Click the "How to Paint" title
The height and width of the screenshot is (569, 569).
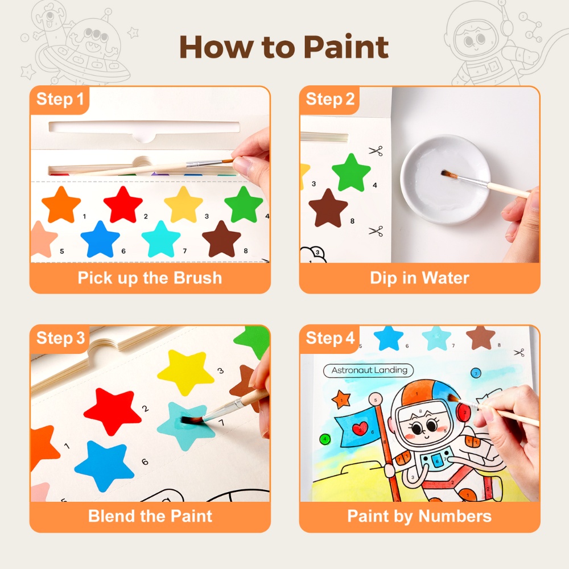(x=284, y=47)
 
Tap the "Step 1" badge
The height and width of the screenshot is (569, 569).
(x=60, y=99)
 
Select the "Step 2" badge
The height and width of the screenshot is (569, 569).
(x=329, y=99)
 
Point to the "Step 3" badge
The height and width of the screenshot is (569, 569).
(x=60, y=338)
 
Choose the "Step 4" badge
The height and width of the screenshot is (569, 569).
(x=329, y=338)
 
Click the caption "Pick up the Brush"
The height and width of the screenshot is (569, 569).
(x=150, y=278)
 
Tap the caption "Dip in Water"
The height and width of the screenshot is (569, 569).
(x=419, y=278)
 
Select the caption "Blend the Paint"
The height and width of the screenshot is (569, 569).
(x=150, y=516)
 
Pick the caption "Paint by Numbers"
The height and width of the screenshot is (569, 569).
(x=419, y=517)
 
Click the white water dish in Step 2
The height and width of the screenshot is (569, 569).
(x=446, y=180)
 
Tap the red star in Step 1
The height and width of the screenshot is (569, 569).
(x=123, y=205)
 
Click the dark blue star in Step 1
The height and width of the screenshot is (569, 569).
(x=100, y=240)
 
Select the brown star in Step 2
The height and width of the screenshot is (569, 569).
(x=328, y=209)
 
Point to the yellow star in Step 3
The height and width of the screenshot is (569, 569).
(x=185, y=371)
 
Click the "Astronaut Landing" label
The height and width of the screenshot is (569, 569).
(x=369, y=370)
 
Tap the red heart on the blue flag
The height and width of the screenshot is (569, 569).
(x=360, y=428)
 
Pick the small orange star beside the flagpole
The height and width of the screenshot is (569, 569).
(x=341, y=399)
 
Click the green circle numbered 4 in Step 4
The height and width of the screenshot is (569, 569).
(x=325, y=439)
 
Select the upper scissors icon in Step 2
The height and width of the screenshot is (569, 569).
(x=376, y=151)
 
